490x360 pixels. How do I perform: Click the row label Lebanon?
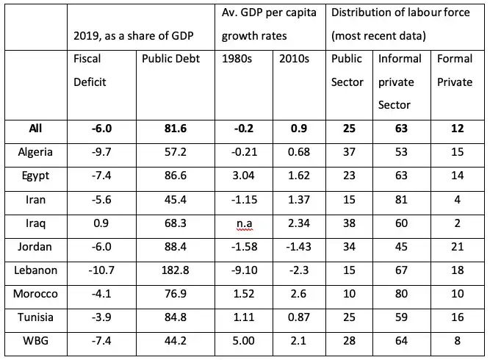pyautogui.click(x=35, y=270)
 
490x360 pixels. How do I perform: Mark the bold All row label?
pyautogui.click(x=35, y=128)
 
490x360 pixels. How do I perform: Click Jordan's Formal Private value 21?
pyautogui.click(x=455, y=246)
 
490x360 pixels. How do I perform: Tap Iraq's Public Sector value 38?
pyautogui.click(x=347, y=223)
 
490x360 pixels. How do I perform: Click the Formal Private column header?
pyautogui.click(x=455, y=70)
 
